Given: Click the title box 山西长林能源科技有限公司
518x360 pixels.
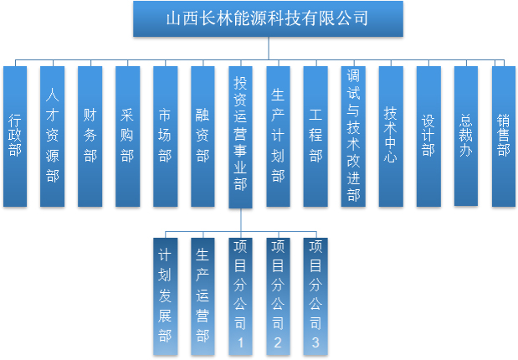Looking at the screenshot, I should (x=267, y=18).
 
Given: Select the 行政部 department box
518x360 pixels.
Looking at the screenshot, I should (x=15, y=136).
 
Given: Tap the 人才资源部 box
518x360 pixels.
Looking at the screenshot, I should (x=53, y=136).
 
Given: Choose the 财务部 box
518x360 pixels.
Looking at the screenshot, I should (x=90, y=136).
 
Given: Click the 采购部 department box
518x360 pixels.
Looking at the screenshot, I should (x=127, y=136).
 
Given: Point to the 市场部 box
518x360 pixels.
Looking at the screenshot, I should (x=165, y=136).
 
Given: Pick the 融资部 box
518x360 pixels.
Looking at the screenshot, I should (x=203, y=136).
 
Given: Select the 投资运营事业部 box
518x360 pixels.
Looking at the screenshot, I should (x=240, y=136).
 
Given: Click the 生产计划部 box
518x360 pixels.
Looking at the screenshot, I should (x=278, y=136).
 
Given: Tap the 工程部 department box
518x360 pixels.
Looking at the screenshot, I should (x=315, y=136).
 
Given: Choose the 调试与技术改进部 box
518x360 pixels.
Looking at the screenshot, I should (x=353, y=136).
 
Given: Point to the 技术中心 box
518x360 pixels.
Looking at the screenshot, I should (x=391, y=136).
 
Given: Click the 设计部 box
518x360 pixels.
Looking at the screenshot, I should (x=428, y=136).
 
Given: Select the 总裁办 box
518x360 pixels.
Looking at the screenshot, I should (x=466, y=136).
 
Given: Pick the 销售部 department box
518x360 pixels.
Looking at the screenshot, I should (x=503, y=136).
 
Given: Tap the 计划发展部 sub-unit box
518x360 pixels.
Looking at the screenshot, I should (x=165, y=295).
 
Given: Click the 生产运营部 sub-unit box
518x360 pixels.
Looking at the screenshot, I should (x=203, y=295).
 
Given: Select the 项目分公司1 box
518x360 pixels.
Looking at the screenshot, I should (x=240, y=295).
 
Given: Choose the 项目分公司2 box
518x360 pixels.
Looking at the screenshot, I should (x=278, y=295).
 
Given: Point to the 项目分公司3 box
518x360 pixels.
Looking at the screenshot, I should (x=315, y=295).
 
